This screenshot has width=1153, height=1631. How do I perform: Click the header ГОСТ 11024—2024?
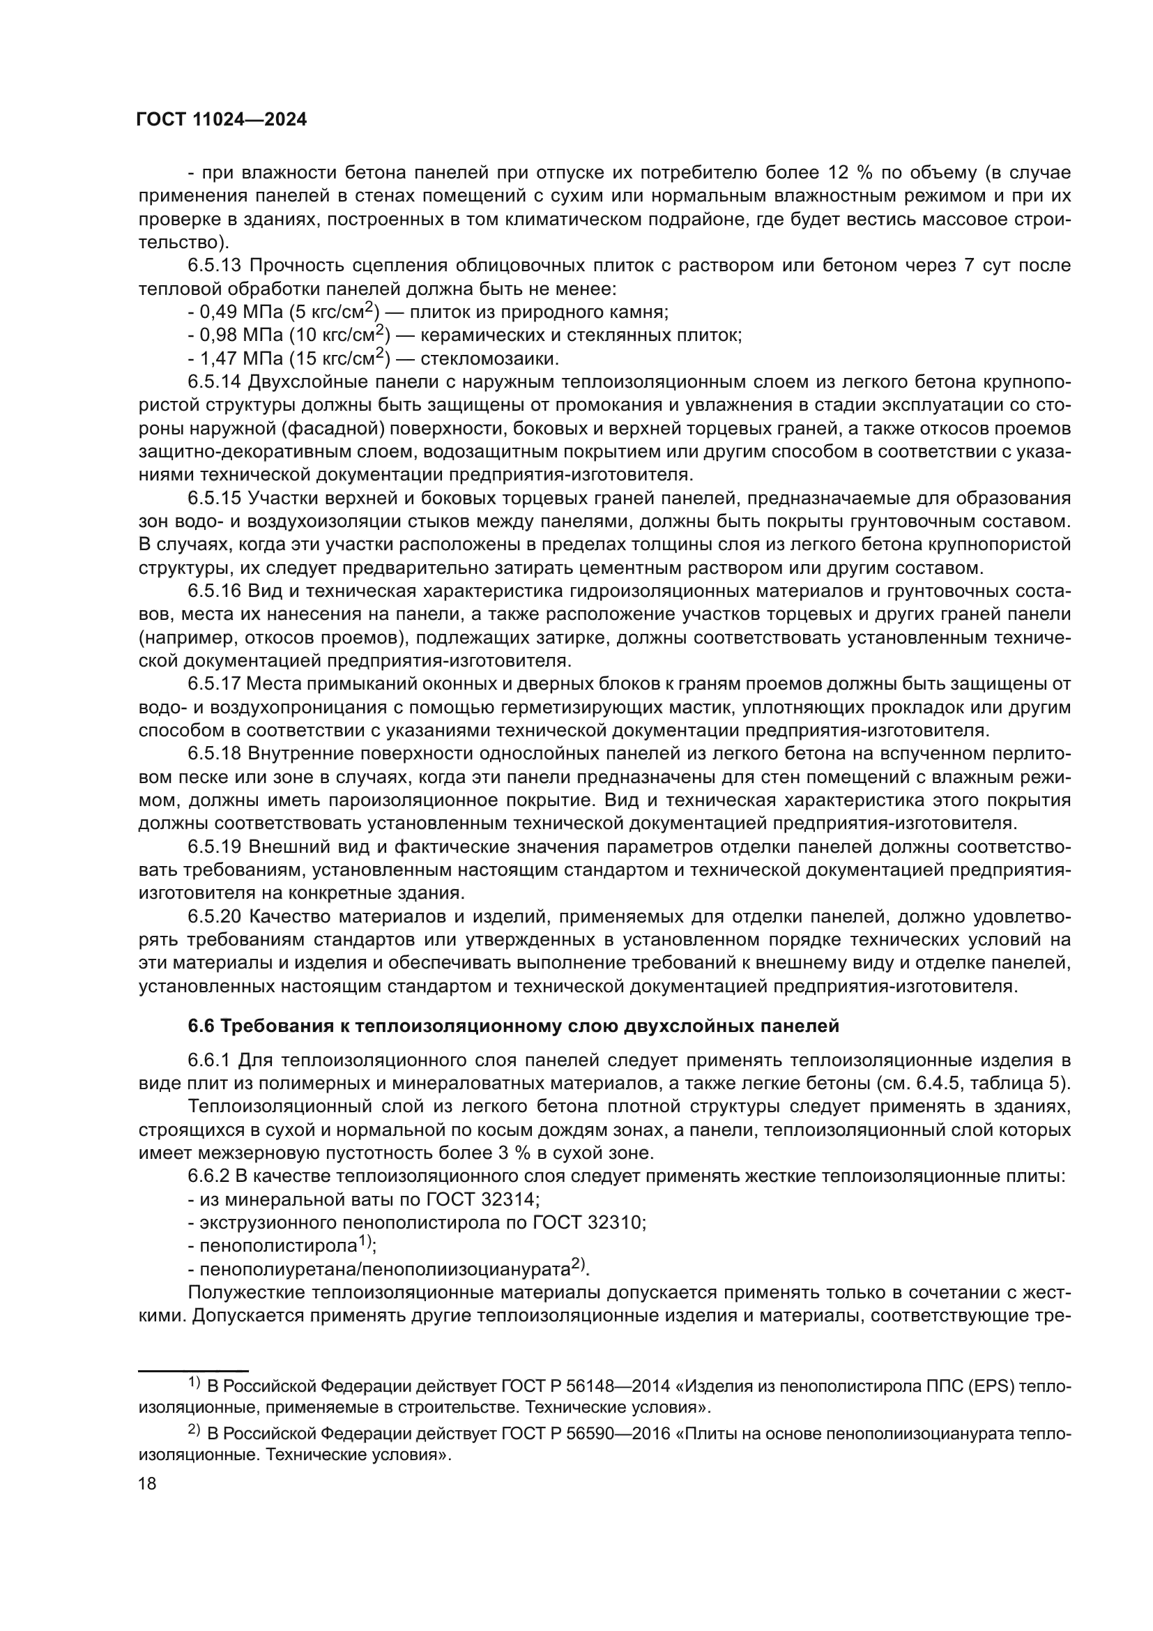point(221,120)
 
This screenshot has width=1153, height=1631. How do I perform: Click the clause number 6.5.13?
point(215,266)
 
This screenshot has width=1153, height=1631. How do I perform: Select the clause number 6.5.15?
point(215,499)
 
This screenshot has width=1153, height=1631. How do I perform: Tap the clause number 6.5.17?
point(215,684)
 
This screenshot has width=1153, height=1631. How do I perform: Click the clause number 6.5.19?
point(215,847)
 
